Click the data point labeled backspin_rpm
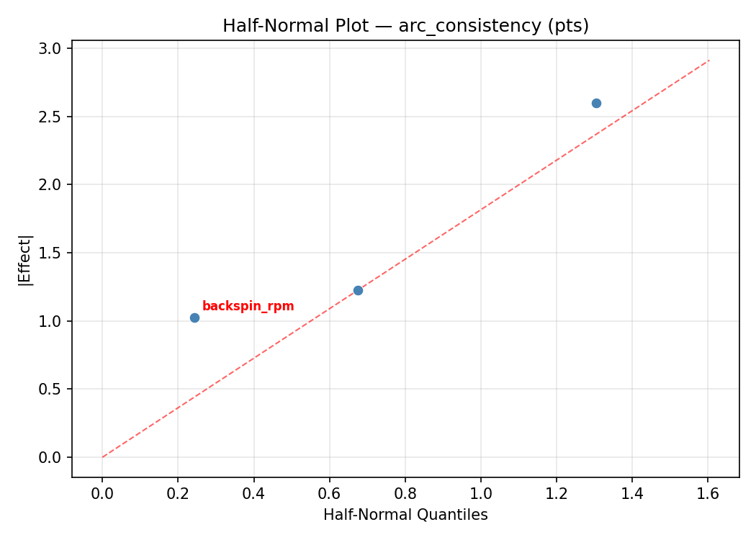[x=194, y=318]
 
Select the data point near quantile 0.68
[x=358, y=290]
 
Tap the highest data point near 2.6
[x=596, y=103]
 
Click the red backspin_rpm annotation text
[x=248, y=306]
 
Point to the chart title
[x=405, y=26]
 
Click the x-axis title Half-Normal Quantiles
[x=405, y=515]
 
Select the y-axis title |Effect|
[x=26, y=260]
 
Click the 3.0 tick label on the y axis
[x=55, y=48]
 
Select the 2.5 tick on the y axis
[x=55, y=117]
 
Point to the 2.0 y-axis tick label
[x=55, y=185]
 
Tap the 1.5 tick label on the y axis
[x=55, y=253]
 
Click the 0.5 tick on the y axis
[x=55, y=390]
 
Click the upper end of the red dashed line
[x=708, y=60]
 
